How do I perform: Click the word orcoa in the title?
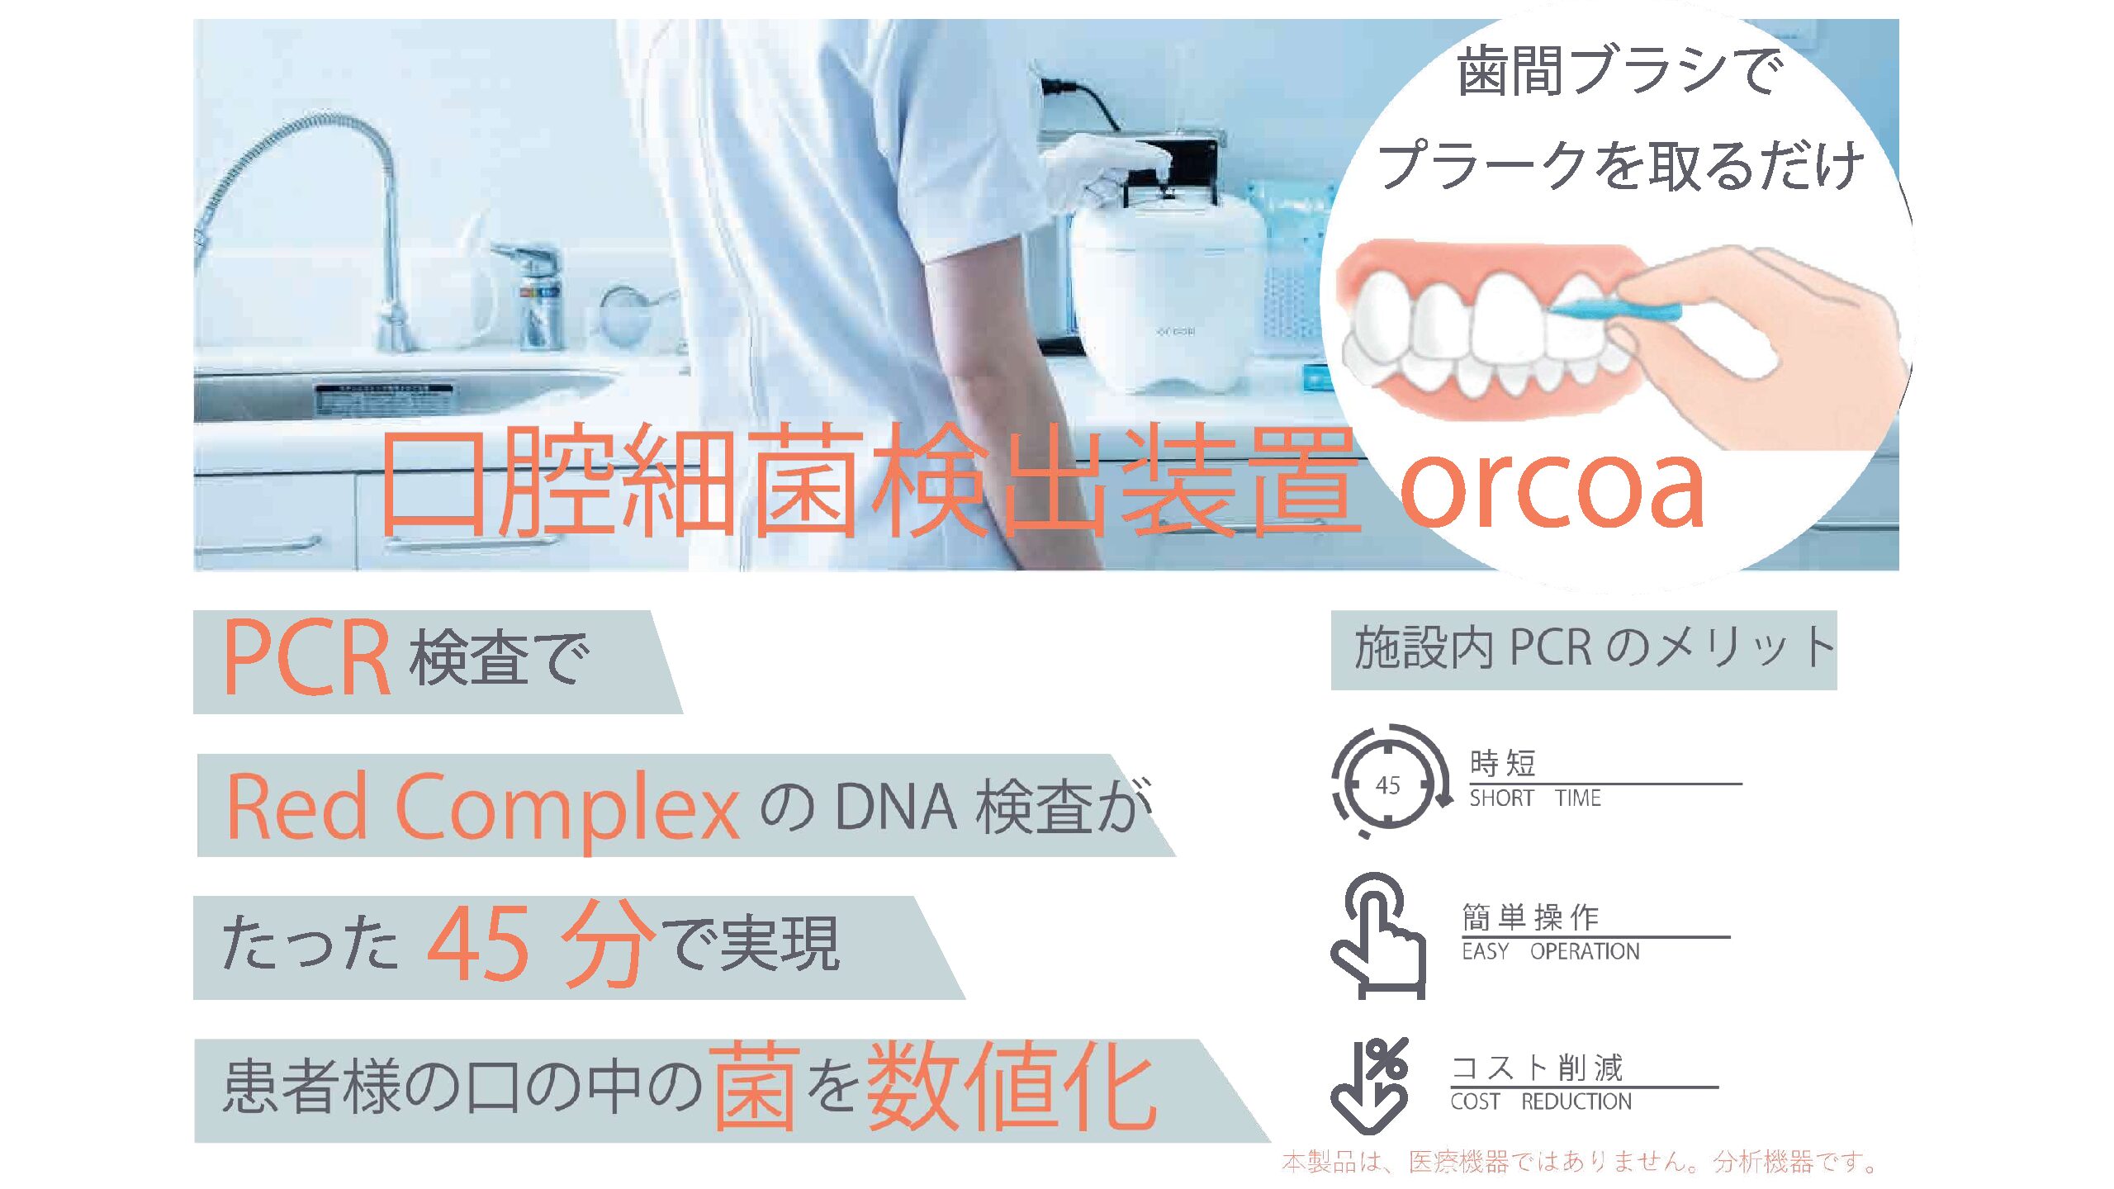(1552, 489)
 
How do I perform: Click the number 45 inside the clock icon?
(1388, 784)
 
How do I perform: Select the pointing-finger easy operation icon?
(1377, 936)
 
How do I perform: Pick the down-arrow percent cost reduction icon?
(1369, 1085)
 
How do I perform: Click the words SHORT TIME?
(1534, 798)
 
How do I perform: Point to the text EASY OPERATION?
(1550, 952)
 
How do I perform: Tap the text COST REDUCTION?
(1541, 1101)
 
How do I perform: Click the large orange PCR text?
(306, 658)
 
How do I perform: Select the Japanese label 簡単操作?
(1530, 917)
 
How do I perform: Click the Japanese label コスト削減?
(1537, 1068)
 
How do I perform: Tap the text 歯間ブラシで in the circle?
(1619, 71)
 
